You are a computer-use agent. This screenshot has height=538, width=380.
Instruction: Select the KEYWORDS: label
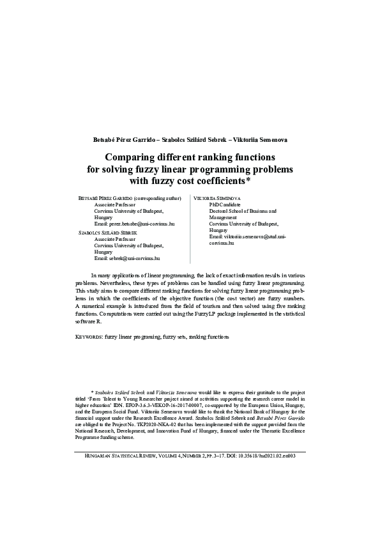click(89, 336)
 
